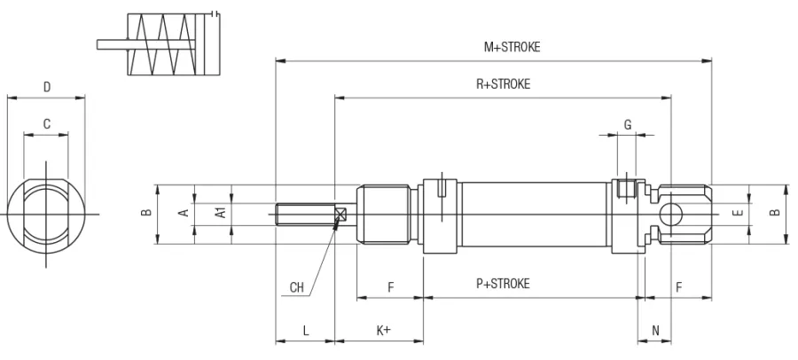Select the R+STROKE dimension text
[x=503, y=84]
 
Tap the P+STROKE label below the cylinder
[x=503, y=284]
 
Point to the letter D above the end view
[x=46, y=87]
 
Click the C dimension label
[x=46, y=125]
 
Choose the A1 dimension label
[x=221, y=213]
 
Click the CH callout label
[x=297, y=287]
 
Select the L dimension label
[x=305, y=331]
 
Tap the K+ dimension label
[x=384, y=331]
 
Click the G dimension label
[x=628, y=125]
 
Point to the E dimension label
[x=737, y=213]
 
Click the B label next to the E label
[x=773, y=213]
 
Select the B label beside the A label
[x=147, y=213]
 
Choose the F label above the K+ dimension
[x=390, y=287]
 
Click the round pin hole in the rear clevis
[x=671, y=213]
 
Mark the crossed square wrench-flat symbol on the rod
[x=340, y=214]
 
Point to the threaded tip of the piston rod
[x=293, y=214]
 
